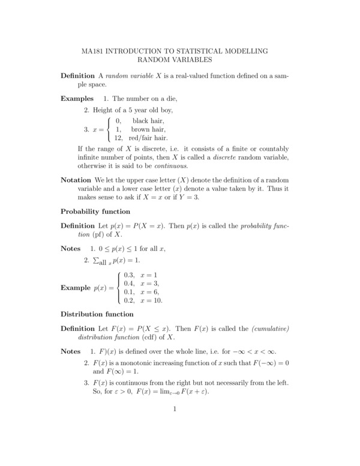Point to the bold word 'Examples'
(x=77, y=98)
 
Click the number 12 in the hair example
(x=119, y=138)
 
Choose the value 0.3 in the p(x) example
(x=128, y=274)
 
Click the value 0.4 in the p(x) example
(x=128, y=283)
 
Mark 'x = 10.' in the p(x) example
(x=151, y=300)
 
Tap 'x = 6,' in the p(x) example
(x=149, y=292)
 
